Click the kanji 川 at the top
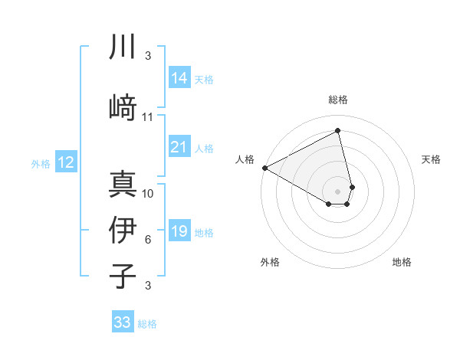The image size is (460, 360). [x=123, y=47]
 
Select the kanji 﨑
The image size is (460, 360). [x=123, y=106]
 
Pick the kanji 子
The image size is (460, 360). [x=123, y=275]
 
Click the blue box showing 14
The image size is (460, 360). [x=179, y=78]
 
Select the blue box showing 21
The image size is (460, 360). [x=179, y=147]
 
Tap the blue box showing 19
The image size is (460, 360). [x=179, y=231]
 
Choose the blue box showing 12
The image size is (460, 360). [x=66, y=162]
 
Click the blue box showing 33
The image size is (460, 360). [x=123, y=322]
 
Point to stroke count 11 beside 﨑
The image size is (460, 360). [x=148, y=117]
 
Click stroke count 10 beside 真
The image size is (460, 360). [x=148, y=193]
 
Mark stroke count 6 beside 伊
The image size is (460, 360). [x=148, y=240]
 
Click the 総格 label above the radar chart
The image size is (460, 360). [x=338, y=100]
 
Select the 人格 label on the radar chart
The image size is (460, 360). [x=245, y=159]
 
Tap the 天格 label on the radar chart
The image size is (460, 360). [x=432, y=159]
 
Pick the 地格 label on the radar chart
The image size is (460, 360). [x=402, y=263]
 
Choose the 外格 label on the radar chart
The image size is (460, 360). [x=270, y=263]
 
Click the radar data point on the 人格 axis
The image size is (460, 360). [x=264, y=168]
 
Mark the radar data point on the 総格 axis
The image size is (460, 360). [x=338, y=131]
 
